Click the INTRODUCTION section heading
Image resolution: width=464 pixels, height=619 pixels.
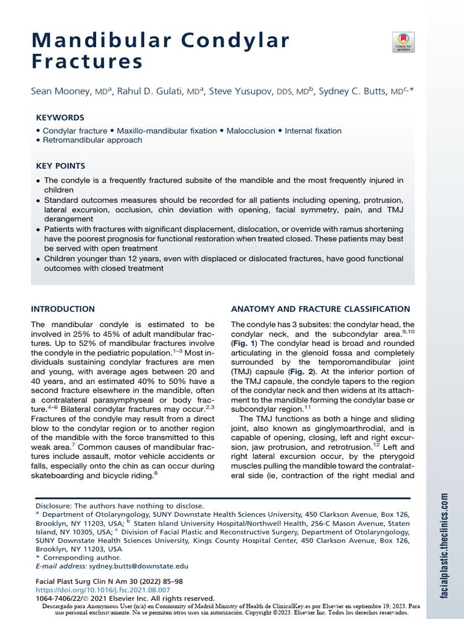pos(63,309)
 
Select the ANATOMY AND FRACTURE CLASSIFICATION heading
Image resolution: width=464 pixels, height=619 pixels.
pos(321,309)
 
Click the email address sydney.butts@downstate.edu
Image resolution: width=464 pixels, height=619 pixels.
pos(139,566)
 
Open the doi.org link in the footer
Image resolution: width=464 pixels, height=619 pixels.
pos(103,589)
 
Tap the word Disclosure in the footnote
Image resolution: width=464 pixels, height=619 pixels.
pos(54,505)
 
